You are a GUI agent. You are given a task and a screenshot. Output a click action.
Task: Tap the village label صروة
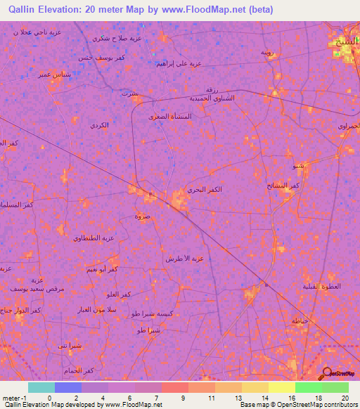click(143, 216)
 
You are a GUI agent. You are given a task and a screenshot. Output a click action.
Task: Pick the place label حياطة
click(300, 320)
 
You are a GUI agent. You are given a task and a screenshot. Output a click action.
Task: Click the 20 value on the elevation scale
click(345, 398)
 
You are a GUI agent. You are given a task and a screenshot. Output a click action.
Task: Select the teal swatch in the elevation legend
click(41, 387)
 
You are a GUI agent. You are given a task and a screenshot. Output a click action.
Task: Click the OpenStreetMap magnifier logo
click(326, 373)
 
